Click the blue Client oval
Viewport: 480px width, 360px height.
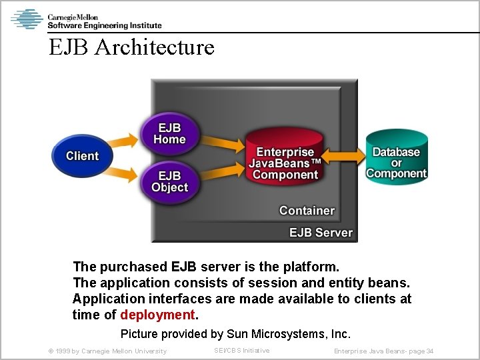tap(81, 156)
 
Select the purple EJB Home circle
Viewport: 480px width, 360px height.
tap(169, 133)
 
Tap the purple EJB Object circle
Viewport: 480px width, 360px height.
tap(169, 181)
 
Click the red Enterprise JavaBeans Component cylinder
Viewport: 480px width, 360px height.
tap(285, 163)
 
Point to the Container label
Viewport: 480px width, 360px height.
tap(307, 211)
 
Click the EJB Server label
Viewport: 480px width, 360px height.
tap(321, 233)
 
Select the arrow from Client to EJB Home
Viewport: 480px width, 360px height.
tap(123, 142)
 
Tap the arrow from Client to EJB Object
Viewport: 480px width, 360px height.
tap(123, 173)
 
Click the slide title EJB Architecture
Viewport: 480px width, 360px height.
tap(131, 47)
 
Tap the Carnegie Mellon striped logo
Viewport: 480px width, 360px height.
tap(27, 19)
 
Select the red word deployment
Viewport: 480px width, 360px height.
tap(158, 315)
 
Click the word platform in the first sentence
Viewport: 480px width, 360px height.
tap(311, 267)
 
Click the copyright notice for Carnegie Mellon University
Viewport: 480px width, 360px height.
tap(107, 351)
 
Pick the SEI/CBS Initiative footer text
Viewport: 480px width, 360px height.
tap(241, 351)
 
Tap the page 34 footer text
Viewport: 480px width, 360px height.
tap(383, 351)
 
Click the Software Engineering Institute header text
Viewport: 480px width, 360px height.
tap(105, 25)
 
